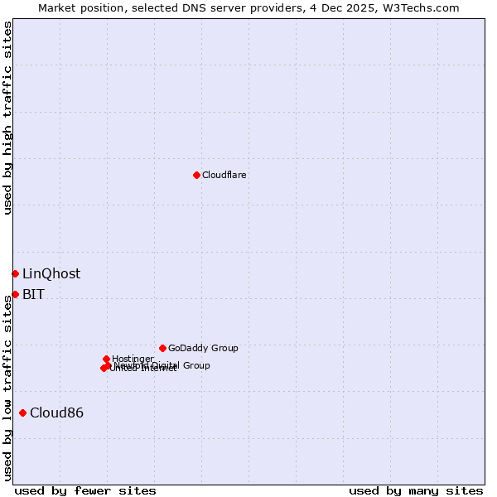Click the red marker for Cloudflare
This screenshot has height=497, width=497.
(x=196, y=175)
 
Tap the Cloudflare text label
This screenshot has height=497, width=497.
(x=224, y=175)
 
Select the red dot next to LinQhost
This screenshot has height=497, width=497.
(x=15, y=273)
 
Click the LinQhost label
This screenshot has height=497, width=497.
(x=51, y=273)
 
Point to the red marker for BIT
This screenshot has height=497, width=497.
(x=15, y=294)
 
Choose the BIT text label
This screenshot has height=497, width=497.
(x=33, y=294)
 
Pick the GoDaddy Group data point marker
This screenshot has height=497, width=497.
(x=162, y=348)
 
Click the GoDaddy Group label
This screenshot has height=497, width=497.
(x=203, y=348)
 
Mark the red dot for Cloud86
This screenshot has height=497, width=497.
(x=22, y=413)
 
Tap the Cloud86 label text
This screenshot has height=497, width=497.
(x=56, y=413)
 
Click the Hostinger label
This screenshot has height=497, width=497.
(x=133, y=359)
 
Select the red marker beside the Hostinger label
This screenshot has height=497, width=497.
(x=106, y=359)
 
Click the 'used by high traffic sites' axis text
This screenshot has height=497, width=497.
(x=7, y=118)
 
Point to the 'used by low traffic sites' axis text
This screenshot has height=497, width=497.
(x=7, y=385)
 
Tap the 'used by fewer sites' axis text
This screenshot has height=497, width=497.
(x=85, y=490)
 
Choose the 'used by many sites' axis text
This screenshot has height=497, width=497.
(x=416, y=490)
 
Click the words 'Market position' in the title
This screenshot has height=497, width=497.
(x=79, y=7)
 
